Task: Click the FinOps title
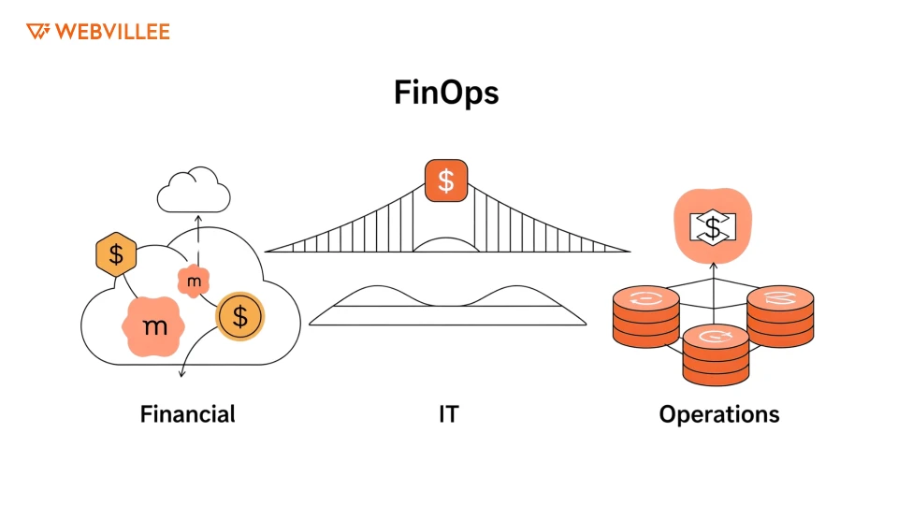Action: click(446, 94)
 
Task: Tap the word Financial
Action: click(187, 413)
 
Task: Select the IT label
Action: click(448, 413)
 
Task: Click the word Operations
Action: click(718, 413)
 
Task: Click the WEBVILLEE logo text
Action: click(111, 32)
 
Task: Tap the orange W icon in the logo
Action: click(37, 32)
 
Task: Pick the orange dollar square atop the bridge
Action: click(446, 180)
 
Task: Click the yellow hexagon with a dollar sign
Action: click(116, 254)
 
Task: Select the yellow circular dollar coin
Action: click(240, 317)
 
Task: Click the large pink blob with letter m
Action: click(153, 325)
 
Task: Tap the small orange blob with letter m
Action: click(194, 281)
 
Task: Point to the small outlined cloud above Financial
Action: click(194, 193)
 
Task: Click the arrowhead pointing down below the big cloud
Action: click(181, 374)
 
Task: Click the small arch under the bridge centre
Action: click(445, 243)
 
